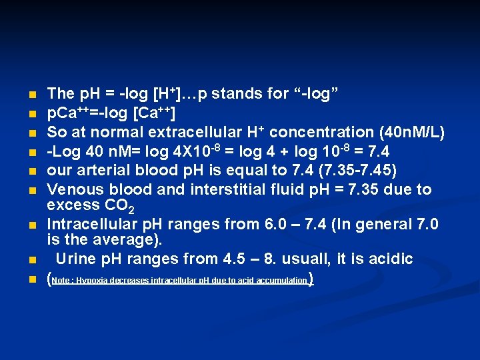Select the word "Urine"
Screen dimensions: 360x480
click(x=76, y=259)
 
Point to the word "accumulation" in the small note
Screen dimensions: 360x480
click(x=278, y=281)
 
